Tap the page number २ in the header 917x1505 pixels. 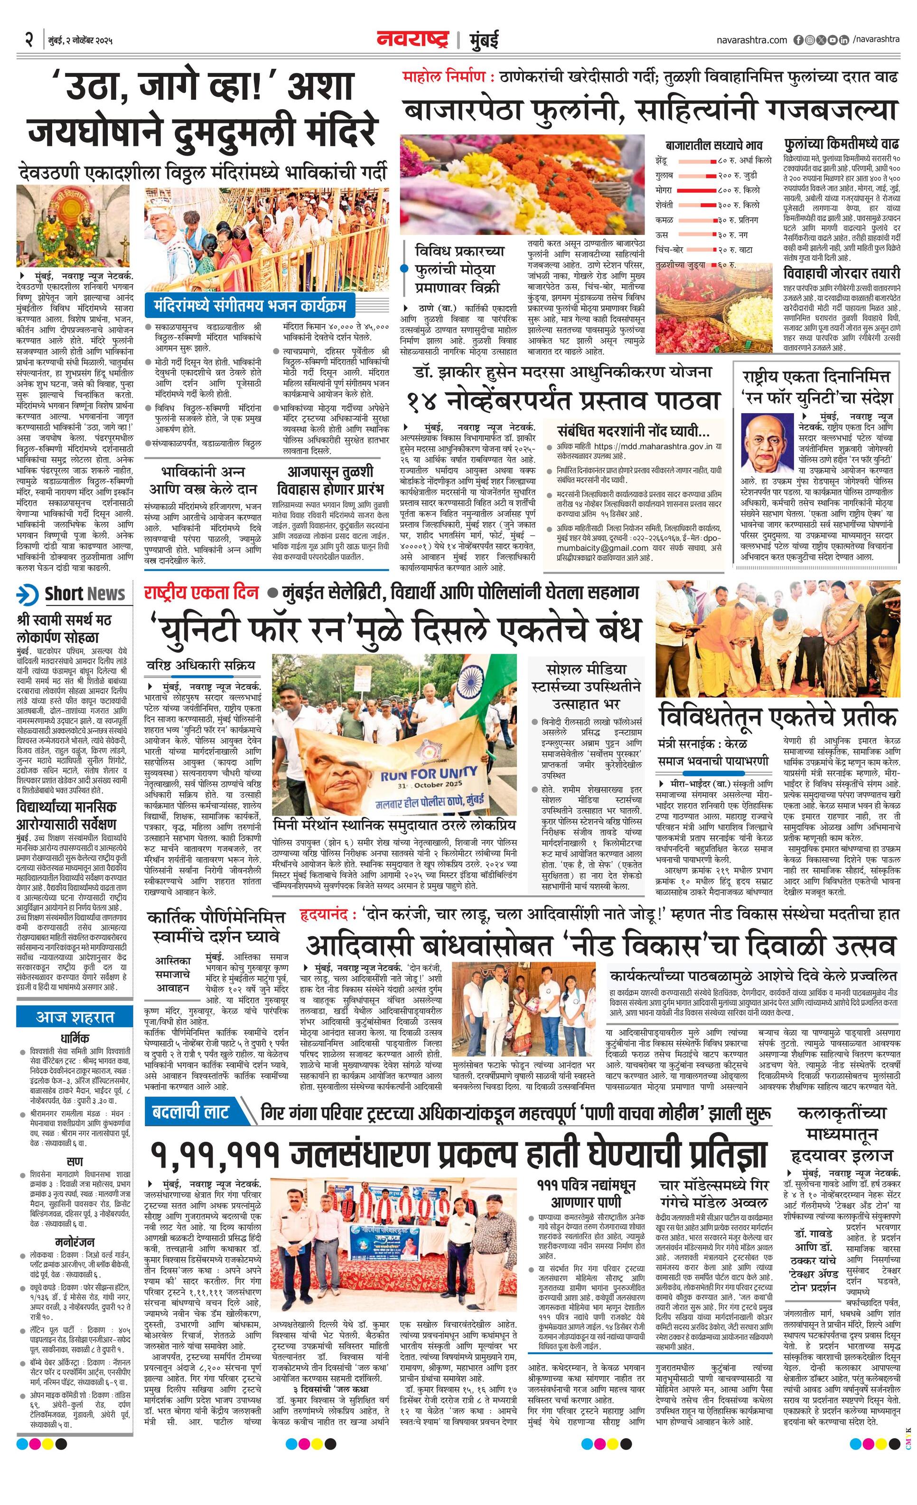pos(28,41)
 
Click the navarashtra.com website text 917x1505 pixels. pos(751,40)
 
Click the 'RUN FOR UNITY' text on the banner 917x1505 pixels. pos(421,774)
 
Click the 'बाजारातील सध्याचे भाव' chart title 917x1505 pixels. pos(713,145)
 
